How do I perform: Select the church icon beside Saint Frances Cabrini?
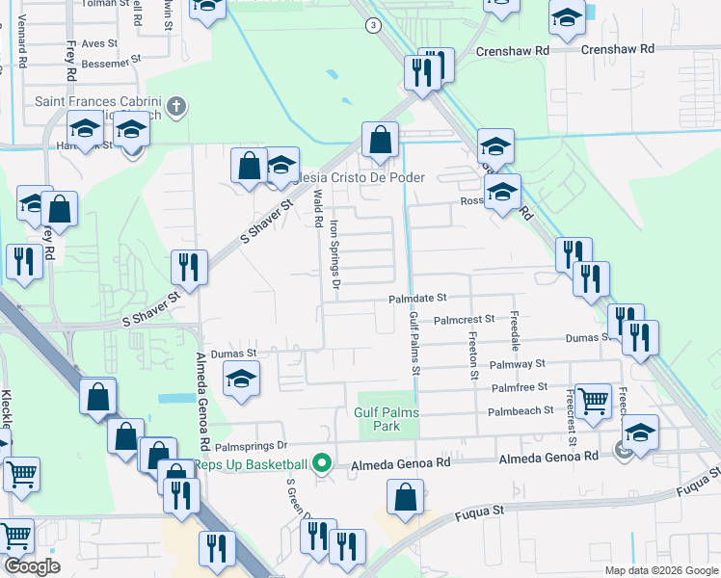[175, 107]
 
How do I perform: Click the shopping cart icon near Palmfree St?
[593, 399]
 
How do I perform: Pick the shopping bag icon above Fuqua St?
[406, 497]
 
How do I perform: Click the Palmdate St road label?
[418, 300]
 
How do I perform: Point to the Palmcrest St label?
[464, 319]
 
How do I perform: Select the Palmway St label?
[519, 364]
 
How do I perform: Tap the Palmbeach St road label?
[521, 409]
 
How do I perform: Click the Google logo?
[32, 566]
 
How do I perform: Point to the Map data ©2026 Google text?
[661, 570]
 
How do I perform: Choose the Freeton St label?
[473, 355]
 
